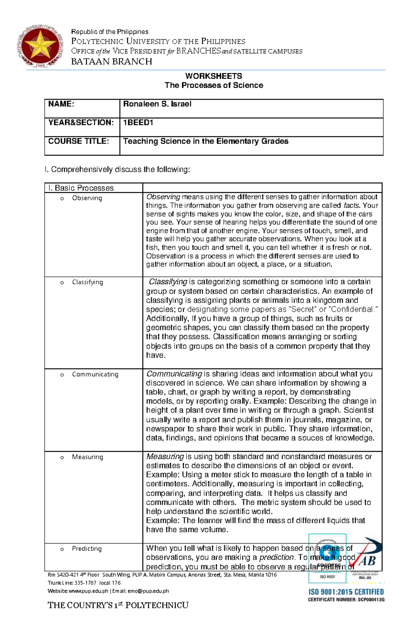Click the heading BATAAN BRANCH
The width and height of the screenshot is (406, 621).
click(111, 62)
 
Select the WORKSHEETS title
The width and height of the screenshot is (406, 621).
click(213, 76)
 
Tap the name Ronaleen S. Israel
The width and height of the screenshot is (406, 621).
click(157, 104)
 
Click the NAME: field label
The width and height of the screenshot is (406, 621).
click(61, 104)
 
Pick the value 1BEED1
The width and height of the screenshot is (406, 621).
click(138, 123)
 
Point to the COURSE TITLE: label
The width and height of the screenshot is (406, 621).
click(78, 141)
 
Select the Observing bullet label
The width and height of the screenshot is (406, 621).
click(87, 198)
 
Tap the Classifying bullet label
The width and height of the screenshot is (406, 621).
click(87, 282)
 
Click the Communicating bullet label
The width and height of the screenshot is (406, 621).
click(95, 374)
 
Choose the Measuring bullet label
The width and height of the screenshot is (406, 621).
click(87, 457)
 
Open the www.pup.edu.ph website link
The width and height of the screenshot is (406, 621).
click(88, 591)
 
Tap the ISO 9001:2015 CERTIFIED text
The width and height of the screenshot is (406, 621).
click(346, 592)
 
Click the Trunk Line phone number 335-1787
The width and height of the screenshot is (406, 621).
click(85, 583)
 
